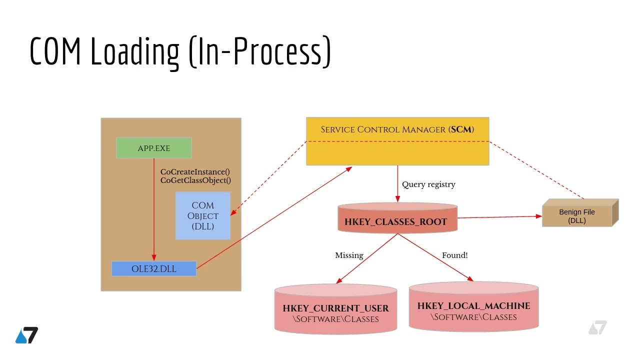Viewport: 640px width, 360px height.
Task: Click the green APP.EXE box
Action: click(x=154, y=148)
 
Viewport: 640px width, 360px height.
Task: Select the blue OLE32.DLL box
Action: click(x=154, y=268)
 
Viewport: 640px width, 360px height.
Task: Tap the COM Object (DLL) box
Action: click(x=203, y=215)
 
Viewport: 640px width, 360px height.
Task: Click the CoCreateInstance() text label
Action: click(x=195, y=171)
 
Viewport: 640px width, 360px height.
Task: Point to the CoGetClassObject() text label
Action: click(x=195, y=180)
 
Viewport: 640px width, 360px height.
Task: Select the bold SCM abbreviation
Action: click(x=461, y=129)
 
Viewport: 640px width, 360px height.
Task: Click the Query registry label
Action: click(x=428, y=184)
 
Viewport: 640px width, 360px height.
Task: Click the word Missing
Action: click(x=349, y=255)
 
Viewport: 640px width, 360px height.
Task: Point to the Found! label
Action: click(x=454, y=255)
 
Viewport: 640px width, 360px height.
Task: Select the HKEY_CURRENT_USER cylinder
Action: click(x=335, y=310)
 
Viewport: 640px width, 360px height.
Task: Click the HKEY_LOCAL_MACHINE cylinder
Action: click(x=473, y=308)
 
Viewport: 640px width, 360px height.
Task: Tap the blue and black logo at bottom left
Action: click(x=26, y=335)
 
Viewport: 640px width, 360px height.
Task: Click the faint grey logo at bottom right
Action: click(x=597, y=328)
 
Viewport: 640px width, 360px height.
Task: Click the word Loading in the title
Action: click(x=134, y=51)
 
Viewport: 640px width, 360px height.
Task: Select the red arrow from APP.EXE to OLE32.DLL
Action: click(x=154, y=210)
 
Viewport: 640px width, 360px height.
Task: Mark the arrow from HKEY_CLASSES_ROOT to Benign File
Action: click(x=500, y=217)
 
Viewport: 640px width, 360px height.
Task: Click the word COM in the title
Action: click(x=55, y=51)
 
